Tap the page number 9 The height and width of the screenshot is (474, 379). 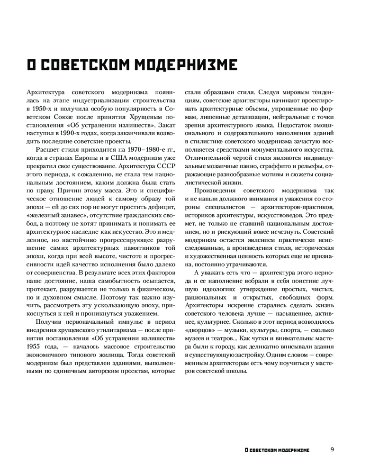[x=333, y=449]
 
